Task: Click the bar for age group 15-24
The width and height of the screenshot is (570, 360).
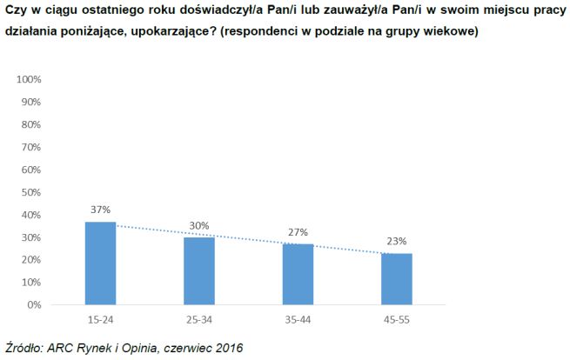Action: click(99, 263)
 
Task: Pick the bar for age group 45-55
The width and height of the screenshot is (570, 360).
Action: click(397, 279)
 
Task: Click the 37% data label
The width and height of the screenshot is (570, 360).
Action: click(99, 210)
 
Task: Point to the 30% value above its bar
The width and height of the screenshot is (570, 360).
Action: click(199, 225)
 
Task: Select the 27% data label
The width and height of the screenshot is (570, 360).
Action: click(298, 232)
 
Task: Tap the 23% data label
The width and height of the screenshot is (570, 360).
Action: click(397, 241)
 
